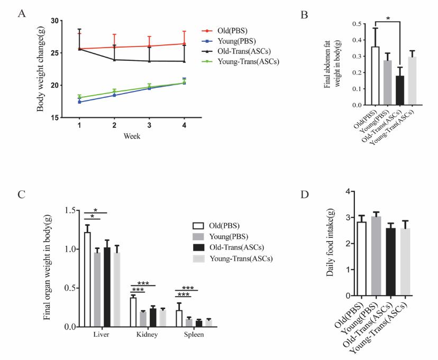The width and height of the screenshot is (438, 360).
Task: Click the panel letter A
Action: click(x=22, y=14)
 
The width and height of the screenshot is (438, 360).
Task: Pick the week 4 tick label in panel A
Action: click(x=184, y=125)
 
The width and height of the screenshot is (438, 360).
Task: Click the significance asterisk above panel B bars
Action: click(x=388, y=19)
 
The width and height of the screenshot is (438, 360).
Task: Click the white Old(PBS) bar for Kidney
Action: click(x=133, y=312)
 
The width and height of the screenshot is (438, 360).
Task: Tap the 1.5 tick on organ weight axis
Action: click(x=72, y=210)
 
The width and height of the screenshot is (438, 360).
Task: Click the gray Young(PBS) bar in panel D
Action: click(x=376, y=255)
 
